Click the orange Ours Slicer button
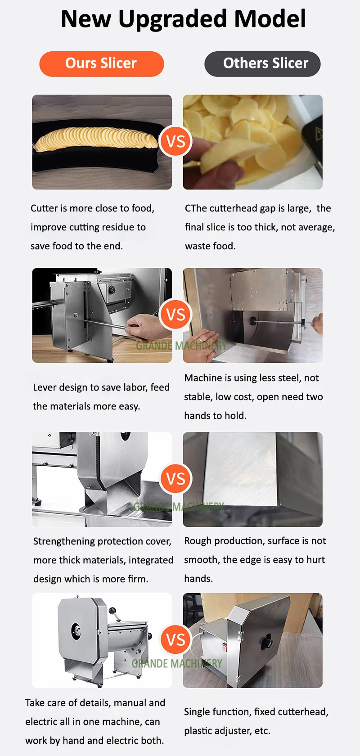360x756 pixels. (102, 64)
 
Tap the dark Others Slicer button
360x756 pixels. (262, 64)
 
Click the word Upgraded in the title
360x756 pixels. (173, 20)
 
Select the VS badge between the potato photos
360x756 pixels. (176, 141)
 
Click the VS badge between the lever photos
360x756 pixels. (176, 315)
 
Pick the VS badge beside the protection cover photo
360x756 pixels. (176, 479)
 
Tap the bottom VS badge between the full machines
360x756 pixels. (176, 639)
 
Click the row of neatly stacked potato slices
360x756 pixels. (96, 139)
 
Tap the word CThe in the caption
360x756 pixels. (196, 208)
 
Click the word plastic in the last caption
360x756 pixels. (198, 731)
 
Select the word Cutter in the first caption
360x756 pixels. (44, 208)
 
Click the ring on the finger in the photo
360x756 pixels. (202, 338)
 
